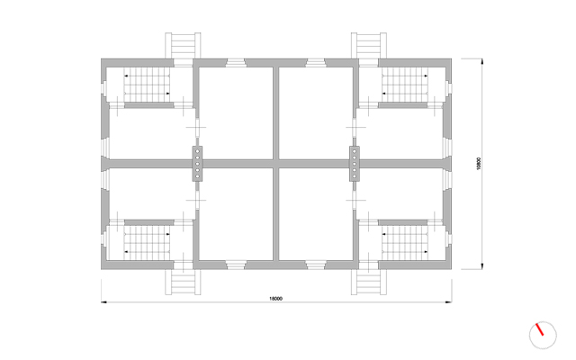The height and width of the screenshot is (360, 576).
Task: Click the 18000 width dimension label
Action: pos(276,299)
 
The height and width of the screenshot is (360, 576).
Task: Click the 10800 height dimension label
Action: pos(478,164)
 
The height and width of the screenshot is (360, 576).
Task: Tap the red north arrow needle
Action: pos(540,329)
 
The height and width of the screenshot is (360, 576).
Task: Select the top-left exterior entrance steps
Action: pos(183,46)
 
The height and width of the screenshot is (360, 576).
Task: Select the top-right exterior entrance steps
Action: pos(368,46)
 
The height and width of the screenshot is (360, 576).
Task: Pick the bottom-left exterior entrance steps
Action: pos(183,282)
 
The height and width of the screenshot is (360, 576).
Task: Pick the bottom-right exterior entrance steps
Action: pos(368,282)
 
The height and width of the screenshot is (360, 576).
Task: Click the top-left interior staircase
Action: pos(147,85)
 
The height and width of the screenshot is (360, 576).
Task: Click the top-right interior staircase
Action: pos(405,85)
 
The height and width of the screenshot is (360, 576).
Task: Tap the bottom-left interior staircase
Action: pos(147,242)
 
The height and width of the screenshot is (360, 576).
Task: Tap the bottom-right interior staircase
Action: pos(405,242)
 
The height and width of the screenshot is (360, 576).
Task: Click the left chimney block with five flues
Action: pos(197,164)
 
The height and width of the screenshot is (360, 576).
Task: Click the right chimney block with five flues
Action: pos(355,164)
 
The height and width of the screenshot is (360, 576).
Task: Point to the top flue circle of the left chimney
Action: pos(197,151)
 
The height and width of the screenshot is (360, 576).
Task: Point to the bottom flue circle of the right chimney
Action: pos(355,176)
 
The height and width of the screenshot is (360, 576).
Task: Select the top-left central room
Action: pos(236,113)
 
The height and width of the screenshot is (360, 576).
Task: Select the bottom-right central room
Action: pos(316,214)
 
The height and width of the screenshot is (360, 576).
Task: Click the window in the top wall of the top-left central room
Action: pos(236,63)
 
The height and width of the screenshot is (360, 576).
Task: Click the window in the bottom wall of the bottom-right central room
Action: pos(316,265)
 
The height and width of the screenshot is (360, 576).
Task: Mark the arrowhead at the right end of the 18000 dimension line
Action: pos(448,302)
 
